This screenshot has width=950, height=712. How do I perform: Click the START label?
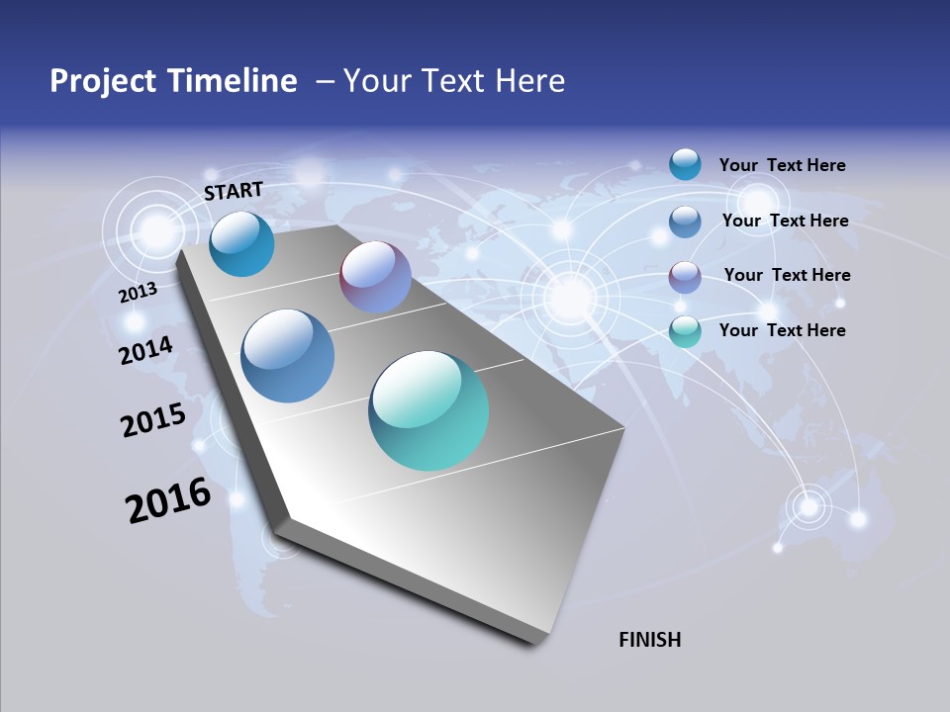(234, 191)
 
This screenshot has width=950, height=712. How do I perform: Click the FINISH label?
(649, 640)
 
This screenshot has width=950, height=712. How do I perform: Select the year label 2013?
(138, 292)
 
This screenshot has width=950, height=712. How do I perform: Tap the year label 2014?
(146, 350)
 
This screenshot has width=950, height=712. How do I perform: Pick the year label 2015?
(153, 419)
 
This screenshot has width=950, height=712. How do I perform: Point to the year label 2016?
(168, 500)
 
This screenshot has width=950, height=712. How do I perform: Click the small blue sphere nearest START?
(241, 244)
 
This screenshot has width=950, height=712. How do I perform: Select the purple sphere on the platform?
(375, 277)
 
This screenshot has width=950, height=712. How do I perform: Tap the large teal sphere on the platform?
(428, 410)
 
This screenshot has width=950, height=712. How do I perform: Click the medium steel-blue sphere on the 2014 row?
(288, 356)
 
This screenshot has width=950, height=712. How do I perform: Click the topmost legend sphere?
(685, 164)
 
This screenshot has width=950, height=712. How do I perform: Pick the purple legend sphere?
(685, 277)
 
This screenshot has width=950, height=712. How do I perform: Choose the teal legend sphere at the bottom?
(685, 331)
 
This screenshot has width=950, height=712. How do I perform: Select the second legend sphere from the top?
(685, 222)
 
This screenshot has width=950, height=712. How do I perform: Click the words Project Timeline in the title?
(173, 81)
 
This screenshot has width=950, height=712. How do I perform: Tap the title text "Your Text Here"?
(454, 81)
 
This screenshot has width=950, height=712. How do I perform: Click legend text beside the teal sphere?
(782, 330)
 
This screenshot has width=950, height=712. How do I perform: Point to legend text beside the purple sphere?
(787, 275)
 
